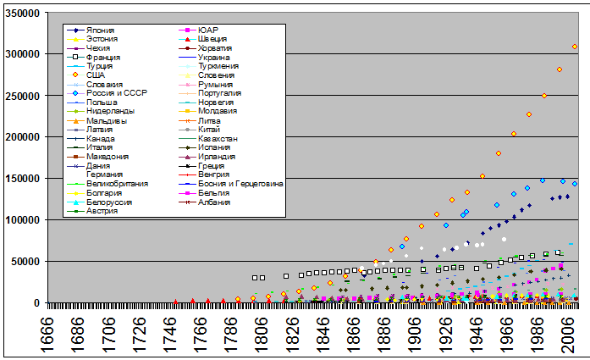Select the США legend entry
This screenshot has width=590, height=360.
(x=95, y=75)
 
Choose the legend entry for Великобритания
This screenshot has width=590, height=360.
(x=118, y=184)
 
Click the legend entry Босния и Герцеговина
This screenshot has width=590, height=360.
(x=240, y=184)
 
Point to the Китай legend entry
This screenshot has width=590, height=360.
(x=210, y=130)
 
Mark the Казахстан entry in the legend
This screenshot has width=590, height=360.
(x=218, y=139)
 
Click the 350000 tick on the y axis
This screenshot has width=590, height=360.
(x=24, y=13)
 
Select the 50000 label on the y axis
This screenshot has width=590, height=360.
(x=26, y=262)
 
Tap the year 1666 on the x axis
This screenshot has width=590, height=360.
(x=55, y=331)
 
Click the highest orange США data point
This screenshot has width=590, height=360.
(x=575, y=47)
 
